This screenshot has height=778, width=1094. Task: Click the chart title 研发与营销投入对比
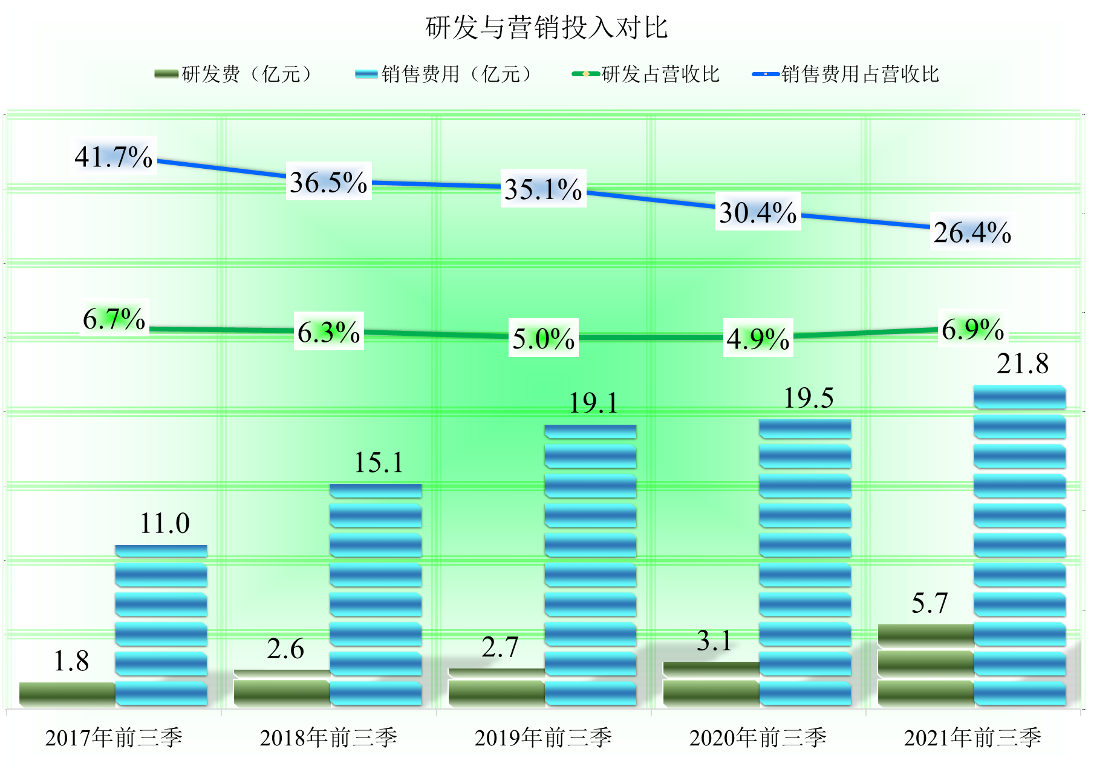(547, 28)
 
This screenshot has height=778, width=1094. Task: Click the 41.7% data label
(114, 157)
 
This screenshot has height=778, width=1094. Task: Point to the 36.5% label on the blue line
(328, 182)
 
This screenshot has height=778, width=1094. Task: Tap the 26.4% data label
(972, 232)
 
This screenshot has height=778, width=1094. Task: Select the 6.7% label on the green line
(114, 319)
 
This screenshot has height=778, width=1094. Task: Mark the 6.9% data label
(972, 330)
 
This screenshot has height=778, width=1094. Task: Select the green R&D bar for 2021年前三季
(925, 665)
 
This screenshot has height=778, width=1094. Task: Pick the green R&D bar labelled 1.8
(67, 694)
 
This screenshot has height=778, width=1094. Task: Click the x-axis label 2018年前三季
(328, 737)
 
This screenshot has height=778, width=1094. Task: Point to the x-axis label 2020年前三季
(758, 737)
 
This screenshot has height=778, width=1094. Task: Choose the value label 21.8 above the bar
(1022, 364)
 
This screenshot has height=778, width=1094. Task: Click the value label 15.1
(379, 463)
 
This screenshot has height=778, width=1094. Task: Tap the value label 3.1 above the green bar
(714, 641)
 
